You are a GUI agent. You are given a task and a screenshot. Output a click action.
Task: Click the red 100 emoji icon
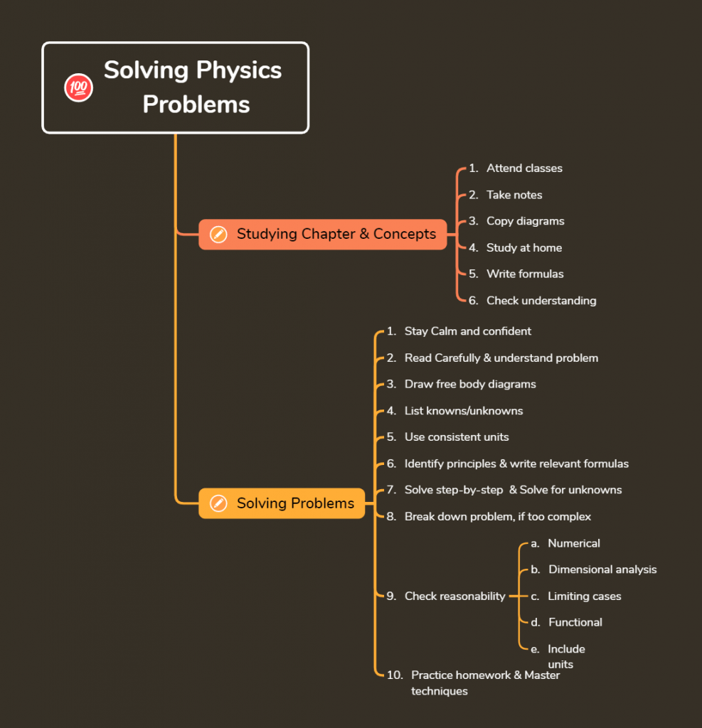click(78, 88)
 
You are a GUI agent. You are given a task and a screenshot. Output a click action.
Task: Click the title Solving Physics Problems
click(193, 87)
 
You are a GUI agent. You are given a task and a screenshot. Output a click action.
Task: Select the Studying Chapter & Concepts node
click(336, 234)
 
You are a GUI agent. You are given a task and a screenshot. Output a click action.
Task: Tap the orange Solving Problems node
click(294, 503)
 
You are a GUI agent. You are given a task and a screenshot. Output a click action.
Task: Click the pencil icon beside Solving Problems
click(219, 503)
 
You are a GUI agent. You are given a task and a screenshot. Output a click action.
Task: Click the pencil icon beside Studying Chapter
click(219, 234)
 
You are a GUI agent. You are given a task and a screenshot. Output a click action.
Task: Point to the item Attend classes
click(524, 168)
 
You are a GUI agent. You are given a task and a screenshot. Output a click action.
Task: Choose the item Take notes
click(514, 195)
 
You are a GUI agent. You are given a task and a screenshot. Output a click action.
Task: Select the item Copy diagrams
click(525, 221)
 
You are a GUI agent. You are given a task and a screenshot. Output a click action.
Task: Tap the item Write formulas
click(525, 274)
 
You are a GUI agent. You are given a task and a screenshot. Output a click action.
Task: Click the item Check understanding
click(541, 301)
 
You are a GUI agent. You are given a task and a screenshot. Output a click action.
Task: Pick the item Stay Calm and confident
click(467, 331)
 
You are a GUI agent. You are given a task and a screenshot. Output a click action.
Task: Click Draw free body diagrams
click(470, 384)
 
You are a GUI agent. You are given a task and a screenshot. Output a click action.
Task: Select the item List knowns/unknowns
click(464, 411)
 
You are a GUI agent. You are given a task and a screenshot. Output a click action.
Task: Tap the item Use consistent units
click(457, 437)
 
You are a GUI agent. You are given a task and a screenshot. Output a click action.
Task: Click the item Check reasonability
click(454, 596)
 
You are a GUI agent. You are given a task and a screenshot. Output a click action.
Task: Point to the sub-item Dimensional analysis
click(602, 569)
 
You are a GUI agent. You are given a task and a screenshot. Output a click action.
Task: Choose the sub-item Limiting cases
click(584, 596)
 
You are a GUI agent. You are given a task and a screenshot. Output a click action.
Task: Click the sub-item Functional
click(575, 622)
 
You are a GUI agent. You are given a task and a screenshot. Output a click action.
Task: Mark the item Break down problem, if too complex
click(497, 516)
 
